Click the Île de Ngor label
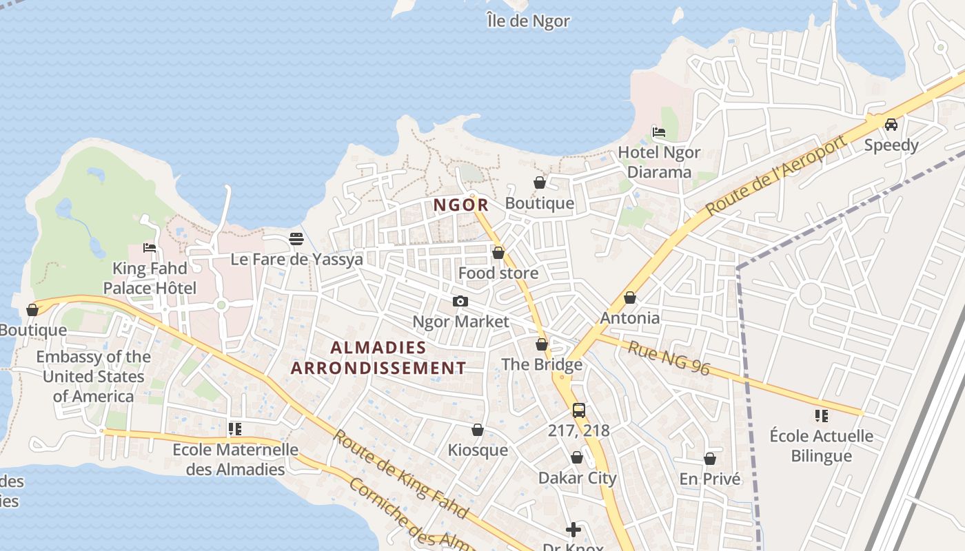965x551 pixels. pyautogui.click(x=528, y=21)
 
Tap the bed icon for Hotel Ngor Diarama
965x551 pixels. pyautogui.click(x=659, y=132)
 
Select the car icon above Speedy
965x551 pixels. pyautogui.click(x=891, y=125)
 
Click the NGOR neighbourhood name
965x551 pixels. pyautogui.click(x=461, y=205)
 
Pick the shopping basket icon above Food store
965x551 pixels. pyautogui.click(x=498, y=253)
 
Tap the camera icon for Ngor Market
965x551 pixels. pyautogui.click(x=460, y=302)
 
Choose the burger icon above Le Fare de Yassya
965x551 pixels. pyautogui.click(x=296, y=239)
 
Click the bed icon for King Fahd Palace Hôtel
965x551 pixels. pyautogui.click(x=150, y=248)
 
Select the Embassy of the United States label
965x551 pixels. pyautogui.click(x=93, y=376)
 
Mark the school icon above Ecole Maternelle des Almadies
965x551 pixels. pyautogui.click(x=235, y=429)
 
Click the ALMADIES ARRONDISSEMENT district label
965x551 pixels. pyautogui.click(x=378, y=357)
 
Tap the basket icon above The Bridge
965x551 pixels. pyautogui.click(x=542, y=344)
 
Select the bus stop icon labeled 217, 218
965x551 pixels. pyautogui.click(x=579, y=410)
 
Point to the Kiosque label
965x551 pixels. pyautogui.click(x=478, y=450)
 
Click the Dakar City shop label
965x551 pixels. pyautogui.click(x=577, y=478)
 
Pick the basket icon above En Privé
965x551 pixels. pyautogui.click(x=710, y=459)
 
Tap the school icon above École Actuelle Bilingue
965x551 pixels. pyautogui.click(x=821, y=415)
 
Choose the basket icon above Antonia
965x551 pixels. pyautogui.click(x=629, y=298)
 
